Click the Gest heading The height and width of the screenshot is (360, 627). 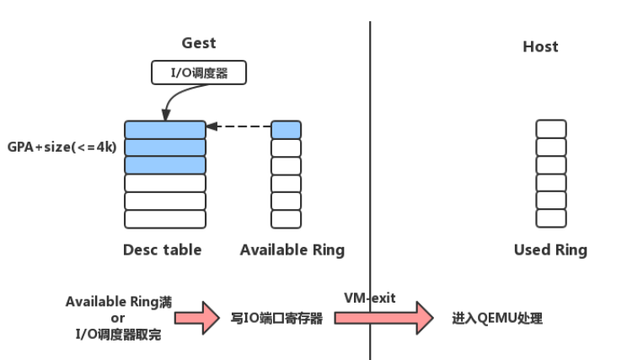[199, 43]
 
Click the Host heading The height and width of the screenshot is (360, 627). [540, 46]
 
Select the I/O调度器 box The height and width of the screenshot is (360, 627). [201, 73]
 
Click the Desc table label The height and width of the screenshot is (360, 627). [162, 250]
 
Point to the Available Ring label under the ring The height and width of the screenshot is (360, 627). [292, 250]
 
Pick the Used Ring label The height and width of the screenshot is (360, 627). [550, 250]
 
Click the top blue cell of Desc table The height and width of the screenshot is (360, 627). [165, 130]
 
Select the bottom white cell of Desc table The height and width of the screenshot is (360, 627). [165, 219]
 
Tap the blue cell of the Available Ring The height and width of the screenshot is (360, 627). [286, 130]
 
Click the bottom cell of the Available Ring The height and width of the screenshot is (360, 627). [286, 219]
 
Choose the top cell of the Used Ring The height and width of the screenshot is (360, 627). [551, 129]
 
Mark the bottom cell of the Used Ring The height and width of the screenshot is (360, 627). [551, 218]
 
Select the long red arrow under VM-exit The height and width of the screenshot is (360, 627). [383, 318]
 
